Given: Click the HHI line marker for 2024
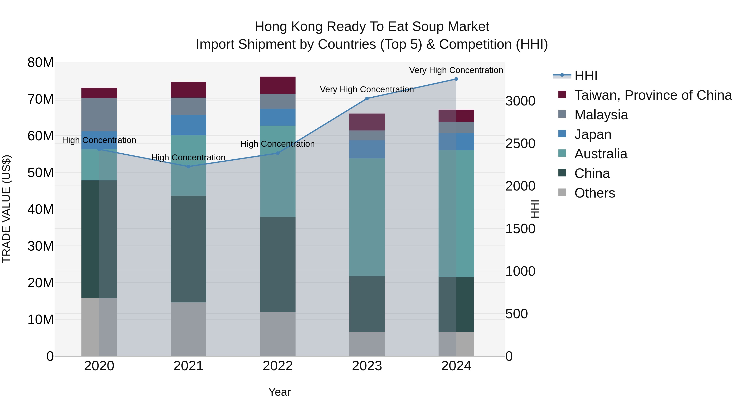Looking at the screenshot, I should (456, 79).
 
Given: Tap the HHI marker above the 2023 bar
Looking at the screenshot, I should (367, 98).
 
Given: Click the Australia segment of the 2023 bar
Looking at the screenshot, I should (367, 217).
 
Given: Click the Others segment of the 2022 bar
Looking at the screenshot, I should (278, 334).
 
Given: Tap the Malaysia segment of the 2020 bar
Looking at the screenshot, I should (99, 115).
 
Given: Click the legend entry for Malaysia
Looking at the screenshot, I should (601, 115).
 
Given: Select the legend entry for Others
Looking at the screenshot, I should (594, 193).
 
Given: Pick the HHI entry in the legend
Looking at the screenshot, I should (585, 76).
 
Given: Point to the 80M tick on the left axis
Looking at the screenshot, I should (41, 63).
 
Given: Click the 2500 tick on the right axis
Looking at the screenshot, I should (520, 144).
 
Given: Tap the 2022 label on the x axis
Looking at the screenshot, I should (278, 366).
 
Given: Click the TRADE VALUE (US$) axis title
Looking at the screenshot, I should (6, 209).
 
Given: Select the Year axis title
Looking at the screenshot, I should (279, 392).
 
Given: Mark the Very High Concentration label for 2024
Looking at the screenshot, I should (456, 70).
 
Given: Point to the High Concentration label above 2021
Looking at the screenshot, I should (188, 157).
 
